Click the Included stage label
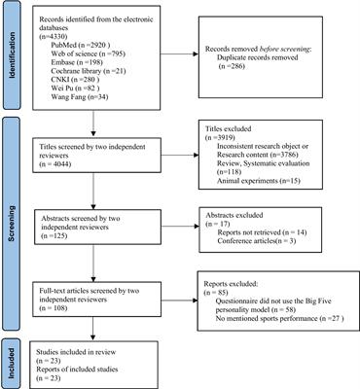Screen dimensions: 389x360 (14, 353)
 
